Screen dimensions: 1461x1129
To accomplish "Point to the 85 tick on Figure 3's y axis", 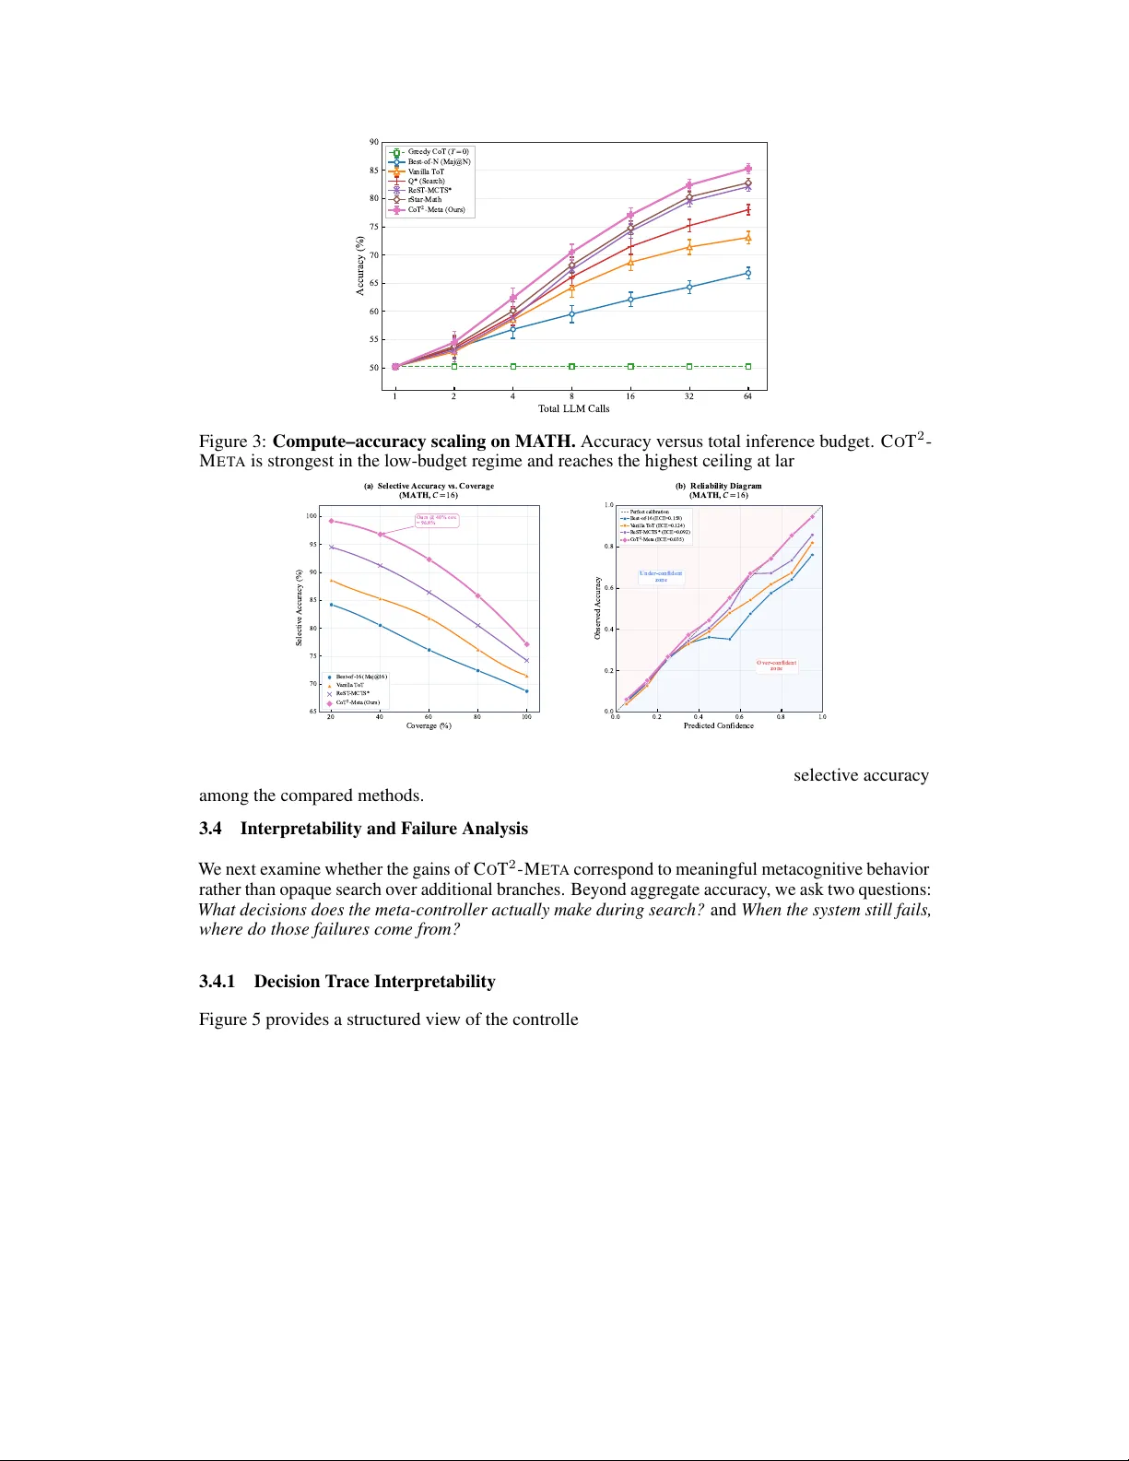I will coord(374,171).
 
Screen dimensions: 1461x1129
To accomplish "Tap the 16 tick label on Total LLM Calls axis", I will coord(630,396).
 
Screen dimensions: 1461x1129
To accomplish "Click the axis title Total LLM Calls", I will coord(573,408).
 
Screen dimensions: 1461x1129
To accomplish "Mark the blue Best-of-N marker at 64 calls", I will coord(747,273).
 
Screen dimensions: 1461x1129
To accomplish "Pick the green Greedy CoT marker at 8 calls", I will coord(571,367).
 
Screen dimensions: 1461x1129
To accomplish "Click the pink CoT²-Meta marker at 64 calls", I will coord(747,169).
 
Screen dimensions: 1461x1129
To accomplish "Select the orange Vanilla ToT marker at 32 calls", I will coord(689,247).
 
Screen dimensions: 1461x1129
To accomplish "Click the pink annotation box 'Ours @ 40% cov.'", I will coord(436,520).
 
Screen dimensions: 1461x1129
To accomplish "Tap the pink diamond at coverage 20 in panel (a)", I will coord(331,521).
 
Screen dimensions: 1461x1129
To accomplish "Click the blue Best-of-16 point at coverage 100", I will coord(526,691).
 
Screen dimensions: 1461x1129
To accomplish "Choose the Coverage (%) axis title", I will coord(429,726).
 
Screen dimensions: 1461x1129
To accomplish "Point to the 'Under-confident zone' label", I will coord(661,576).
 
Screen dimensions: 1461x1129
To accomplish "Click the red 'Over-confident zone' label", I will coord(776,665).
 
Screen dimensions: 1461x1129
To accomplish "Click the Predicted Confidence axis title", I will coord(718,726).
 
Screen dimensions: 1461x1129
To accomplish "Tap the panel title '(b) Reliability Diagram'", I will coord(718,486).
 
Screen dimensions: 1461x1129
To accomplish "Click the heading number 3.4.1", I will coord(218,982).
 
